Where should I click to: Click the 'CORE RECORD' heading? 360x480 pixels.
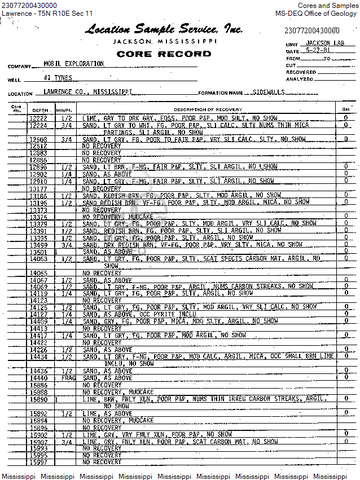[164, 54]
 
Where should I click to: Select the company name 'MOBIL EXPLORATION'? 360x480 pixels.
[73, 64]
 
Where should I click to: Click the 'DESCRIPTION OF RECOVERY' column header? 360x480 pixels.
[208, 109]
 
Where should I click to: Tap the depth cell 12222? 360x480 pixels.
[38, 118]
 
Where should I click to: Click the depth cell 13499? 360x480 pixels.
[38, 245]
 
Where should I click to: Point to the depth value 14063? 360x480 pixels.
[38, 259]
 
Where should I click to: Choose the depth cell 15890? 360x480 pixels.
[38, 399]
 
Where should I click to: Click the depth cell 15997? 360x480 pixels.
[38, 462]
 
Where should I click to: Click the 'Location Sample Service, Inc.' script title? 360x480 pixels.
[164, 29]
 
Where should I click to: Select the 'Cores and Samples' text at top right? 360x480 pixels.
[328, 6]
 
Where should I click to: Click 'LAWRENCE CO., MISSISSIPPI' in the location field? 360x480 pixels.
[87, 91]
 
